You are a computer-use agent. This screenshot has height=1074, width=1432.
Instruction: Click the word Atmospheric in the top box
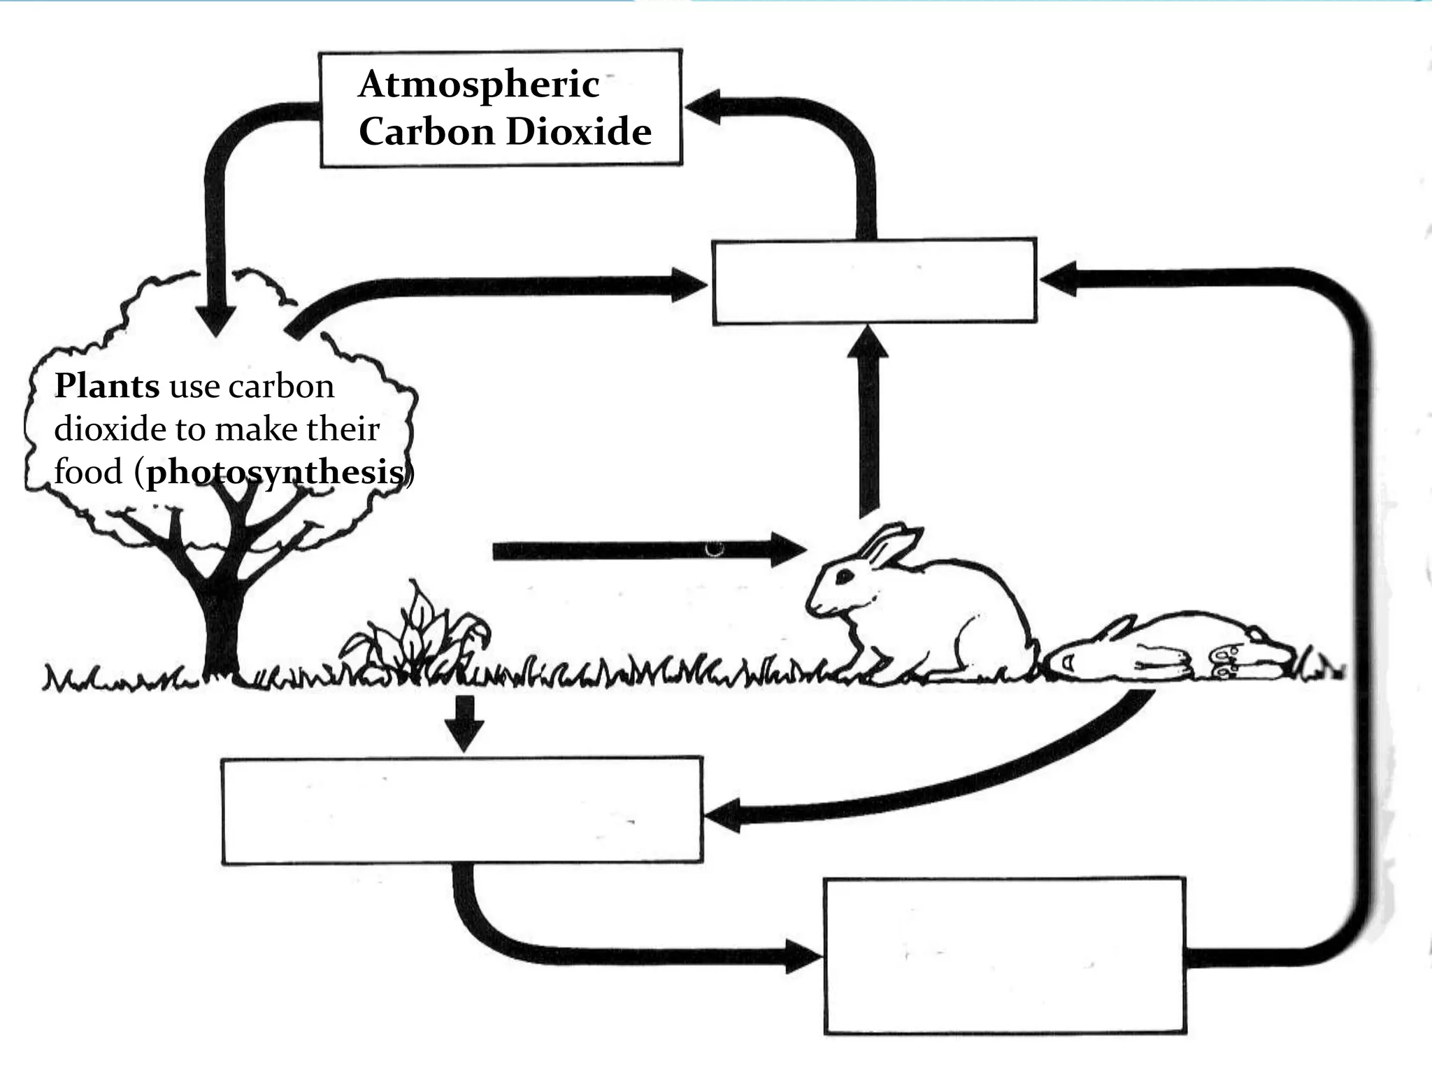(x=479, y=85)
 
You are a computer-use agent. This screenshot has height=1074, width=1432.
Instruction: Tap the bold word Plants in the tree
(x=107, y=386)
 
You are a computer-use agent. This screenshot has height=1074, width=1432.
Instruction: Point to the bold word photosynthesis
(x=275, y=473)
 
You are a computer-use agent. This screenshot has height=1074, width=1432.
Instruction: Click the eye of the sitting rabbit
(x=845, y=575)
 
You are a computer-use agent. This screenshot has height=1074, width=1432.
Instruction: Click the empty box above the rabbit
(x=874, y=281)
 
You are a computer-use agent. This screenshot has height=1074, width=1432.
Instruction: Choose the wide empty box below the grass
(x=461, y=810)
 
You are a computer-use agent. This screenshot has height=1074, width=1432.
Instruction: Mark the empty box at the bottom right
(x=1005, y=955)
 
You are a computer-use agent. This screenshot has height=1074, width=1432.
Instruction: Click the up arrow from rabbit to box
(x=868, y=420)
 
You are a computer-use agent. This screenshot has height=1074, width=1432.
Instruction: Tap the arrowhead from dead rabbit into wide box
(x=724, y=815)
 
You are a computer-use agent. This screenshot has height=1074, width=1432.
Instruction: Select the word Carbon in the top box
(x=426, y=131)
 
